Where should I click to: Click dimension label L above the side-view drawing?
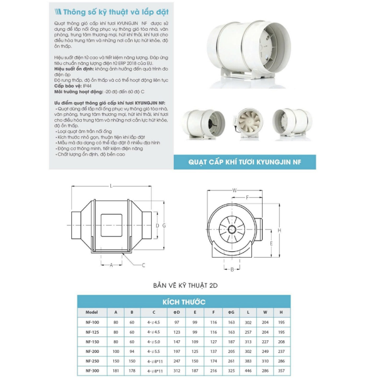click(111, 186)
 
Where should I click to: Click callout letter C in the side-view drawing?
click(144, 265)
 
